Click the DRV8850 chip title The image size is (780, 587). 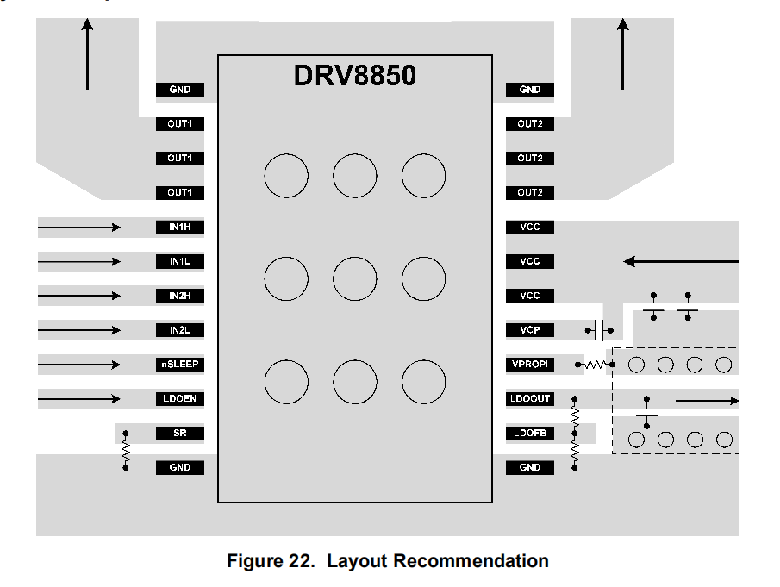[354, 76]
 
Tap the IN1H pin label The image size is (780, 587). [180, 227]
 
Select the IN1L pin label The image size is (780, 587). [180, 261]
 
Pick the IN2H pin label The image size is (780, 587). [180, 296]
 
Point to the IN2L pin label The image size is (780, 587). [180, 330]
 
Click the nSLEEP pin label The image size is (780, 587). [180, 365]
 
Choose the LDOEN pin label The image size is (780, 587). [180, 399]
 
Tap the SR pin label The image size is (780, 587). [180, 434]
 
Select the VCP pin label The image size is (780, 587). [529, 330]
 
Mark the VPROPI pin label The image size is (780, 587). [529, 365]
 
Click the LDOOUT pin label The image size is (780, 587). [529, 399]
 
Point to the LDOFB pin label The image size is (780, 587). [529, 434]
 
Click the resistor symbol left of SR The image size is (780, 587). [126, 451]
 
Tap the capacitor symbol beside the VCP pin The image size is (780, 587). [601, 328]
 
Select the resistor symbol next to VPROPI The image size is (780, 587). [596, 365]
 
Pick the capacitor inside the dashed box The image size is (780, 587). [646, 412]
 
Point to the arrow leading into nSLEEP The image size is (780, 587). [79, 365]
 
